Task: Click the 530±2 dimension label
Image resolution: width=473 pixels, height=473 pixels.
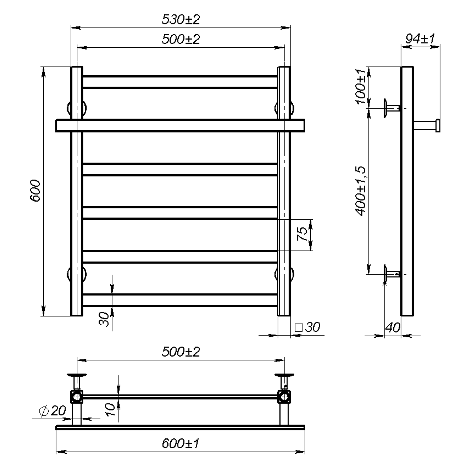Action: coord(181,19)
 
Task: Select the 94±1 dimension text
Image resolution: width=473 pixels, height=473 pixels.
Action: coord(420,39)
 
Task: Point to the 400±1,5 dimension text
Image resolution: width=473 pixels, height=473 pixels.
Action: coord(361,191)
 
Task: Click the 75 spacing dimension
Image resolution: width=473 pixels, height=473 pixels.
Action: coord(302,234)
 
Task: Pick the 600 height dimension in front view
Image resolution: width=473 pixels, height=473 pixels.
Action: coord(35,191)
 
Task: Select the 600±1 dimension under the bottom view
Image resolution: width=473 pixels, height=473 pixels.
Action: coord(180,444)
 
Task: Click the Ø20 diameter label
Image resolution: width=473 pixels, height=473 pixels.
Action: coord(52,411)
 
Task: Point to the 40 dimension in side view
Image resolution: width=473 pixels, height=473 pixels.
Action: coord(393,327)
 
